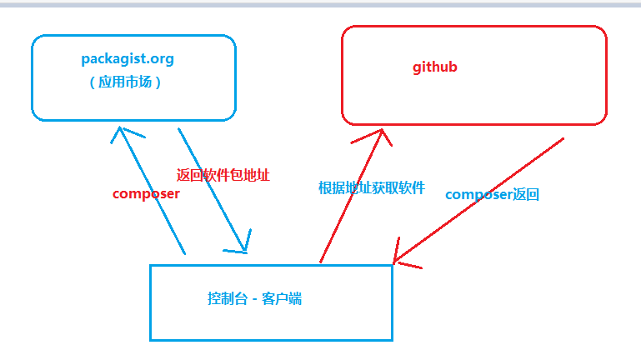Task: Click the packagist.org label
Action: [x=128, y=59]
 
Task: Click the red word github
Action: [x=435, y=67]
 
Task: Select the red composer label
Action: [x=146, y=193]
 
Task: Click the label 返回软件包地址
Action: [x=223, y=176]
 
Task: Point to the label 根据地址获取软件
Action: [x=372, y=187]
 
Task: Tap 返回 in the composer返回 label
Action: [x=526, y=194]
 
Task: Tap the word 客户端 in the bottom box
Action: [x=282, y=298]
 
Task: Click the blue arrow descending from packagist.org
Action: [x=212, y=188]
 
